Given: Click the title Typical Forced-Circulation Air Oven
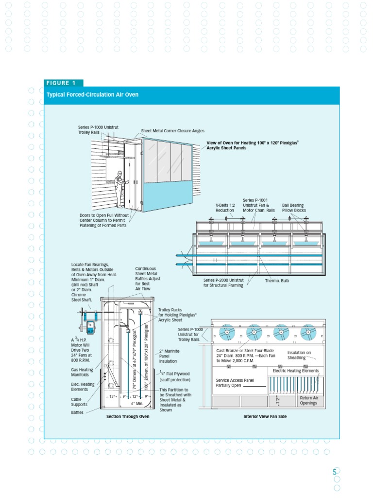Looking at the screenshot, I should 92,94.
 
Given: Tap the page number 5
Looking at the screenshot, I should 334,472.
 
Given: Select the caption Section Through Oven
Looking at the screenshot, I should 128,416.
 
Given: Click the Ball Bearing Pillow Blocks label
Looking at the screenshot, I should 294,208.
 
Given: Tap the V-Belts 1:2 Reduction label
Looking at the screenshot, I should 225,208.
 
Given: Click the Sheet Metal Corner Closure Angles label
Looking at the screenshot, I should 172,131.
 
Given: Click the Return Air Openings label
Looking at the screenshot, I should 308,400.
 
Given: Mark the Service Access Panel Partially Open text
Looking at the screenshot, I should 235,382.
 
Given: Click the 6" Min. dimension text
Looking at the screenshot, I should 137,404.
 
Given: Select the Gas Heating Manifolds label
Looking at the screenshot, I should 82,372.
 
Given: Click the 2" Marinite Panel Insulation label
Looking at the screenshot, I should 168,356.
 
